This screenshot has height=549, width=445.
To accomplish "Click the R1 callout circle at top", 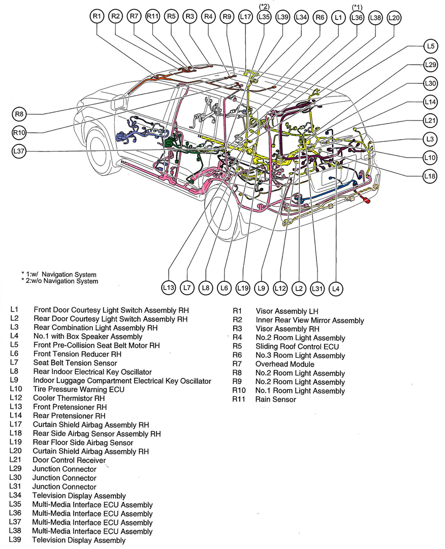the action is (97, 17).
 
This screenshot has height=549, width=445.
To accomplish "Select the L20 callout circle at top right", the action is (394, 17).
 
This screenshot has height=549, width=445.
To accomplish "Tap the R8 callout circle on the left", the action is (19, 114).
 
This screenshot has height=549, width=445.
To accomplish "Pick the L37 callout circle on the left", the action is (19, 151).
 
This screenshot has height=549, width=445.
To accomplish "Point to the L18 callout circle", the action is (430, 176).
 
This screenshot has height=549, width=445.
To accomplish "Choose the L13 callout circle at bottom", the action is (169, 288).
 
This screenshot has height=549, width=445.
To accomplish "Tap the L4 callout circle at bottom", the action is (335, 289).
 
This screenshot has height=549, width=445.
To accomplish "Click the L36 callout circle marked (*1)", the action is (357, 17).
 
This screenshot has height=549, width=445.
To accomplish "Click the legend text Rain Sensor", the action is (275, 400).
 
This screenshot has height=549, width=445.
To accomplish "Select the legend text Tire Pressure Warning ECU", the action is (78, 389).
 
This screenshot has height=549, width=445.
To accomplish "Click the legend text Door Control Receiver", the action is (69, 461).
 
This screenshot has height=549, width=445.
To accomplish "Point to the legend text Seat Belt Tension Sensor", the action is (75, 363).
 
